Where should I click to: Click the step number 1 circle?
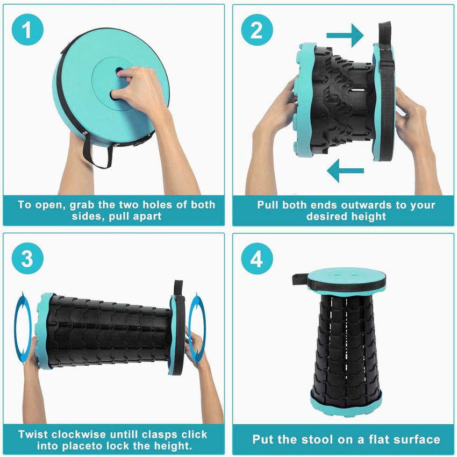tap(27, 30)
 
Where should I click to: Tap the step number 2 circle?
tap(257, 30)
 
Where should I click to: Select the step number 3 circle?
tap(27, 259)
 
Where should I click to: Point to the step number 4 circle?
tap(257, 259)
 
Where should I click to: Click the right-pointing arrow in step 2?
tap(345, 35)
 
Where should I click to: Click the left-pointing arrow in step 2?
tap(345, 170)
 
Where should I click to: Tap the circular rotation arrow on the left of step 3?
tap(23, 328)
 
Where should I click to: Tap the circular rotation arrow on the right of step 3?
tap(197, 329)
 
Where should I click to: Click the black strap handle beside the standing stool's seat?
tap(300, 279)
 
